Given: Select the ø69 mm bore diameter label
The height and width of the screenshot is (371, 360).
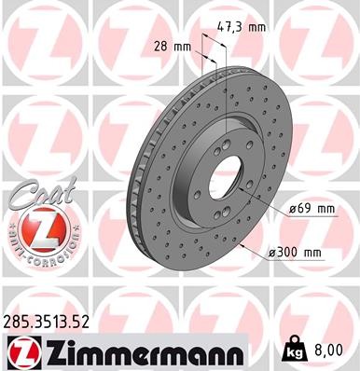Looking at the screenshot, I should pyautogui.click(x=312, y=208).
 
